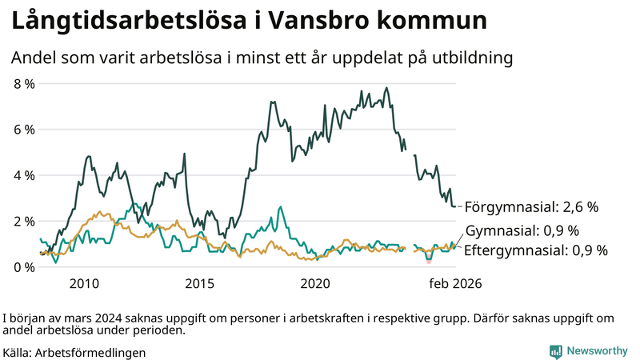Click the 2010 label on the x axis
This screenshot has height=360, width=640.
(84, 284)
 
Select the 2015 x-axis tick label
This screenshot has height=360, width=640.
(199, 284)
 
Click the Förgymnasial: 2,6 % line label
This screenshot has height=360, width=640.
(531, 207)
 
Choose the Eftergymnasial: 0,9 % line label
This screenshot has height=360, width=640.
(536, 250)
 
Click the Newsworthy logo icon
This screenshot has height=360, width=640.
(554, 351)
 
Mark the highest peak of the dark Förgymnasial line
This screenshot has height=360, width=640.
(387, 88)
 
